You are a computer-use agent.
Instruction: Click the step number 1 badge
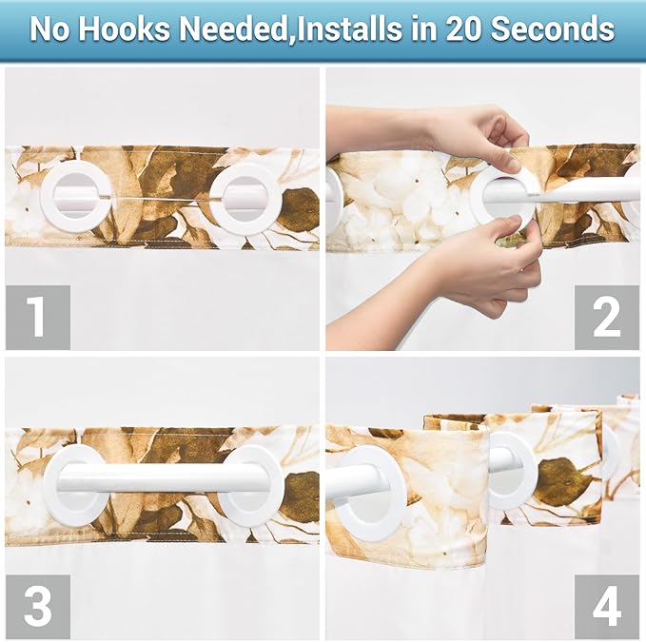37,317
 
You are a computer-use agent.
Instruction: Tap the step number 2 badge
606,317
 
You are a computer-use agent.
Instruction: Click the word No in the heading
49,29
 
